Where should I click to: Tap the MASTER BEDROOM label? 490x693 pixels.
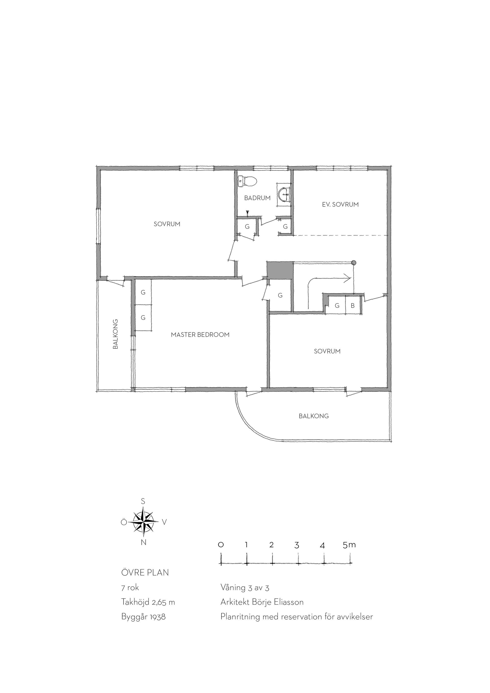click(200, 335)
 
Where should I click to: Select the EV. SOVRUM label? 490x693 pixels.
click(340, 204)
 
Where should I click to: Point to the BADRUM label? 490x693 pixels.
click(257, 198)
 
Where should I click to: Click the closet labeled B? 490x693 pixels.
click(352, 306)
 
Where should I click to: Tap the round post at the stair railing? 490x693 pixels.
click(354, 262)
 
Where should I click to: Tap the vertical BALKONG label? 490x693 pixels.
click(115, 334)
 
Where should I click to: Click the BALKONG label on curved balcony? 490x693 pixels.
click(314, 416)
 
